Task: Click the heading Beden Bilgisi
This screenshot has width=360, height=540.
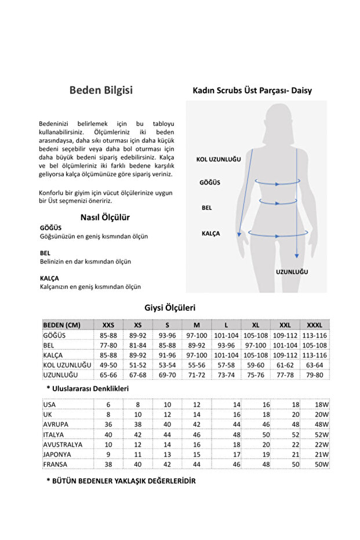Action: tap(101, 90)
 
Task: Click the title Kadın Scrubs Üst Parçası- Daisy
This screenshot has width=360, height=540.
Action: tap(252, 90)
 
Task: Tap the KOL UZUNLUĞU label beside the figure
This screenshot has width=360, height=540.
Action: tap(219, 159)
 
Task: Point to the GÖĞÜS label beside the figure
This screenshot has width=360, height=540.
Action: tap(210, 182)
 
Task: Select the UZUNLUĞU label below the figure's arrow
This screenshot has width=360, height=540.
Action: tap(292, 271)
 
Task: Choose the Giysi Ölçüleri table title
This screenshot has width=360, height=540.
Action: tap(169, 307)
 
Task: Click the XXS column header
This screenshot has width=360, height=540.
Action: tap(108, 325)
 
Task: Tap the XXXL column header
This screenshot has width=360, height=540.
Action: tap(314, 325)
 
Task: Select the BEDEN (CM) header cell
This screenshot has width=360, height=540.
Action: tap(62, 325)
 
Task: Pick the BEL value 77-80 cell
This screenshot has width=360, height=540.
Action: tap(108, 345)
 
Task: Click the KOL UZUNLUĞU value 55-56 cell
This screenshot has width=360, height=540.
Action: tap(197, 365)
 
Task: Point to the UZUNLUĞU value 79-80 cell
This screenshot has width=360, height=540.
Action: tap(314, 375)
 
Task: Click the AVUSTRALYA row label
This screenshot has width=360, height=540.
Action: tap(63, 445)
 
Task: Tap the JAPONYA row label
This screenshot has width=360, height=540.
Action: tap(57, 455)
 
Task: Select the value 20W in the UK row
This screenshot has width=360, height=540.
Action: tap(322, 415)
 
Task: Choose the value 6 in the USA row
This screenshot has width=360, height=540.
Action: tap(108, 405)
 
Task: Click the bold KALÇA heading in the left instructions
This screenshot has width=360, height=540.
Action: tap(49, 278)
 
